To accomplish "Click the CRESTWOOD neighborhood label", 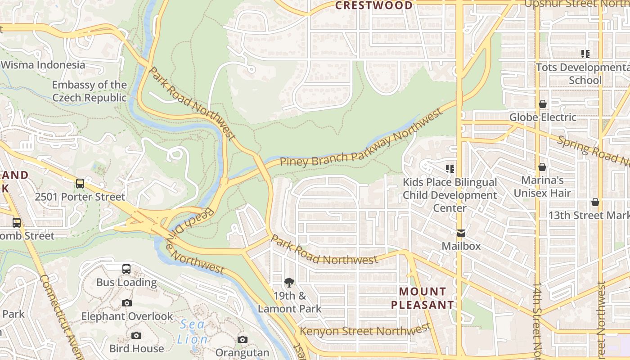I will (x=374, y=5).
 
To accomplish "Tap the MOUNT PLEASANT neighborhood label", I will (x=423, y=298).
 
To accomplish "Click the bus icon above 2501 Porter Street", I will (x=80, y=184).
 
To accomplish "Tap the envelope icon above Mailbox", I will (x=461, y=233).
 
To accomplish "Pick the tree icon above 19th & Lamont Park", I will (x=289, y=282).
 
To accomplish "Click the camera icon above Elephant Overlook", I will (x=127, y=303).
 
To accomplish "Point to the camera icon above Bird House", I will (x=136, y=335).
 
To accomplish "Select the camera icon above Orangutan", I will (x=243, y=339).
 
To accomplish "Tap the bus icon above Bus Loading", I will (x=126, y=269).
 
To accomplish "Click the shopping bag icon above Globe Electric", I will (x=543, y=104).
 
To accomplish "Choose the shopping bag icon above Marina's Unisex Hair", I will (x=542, y=167).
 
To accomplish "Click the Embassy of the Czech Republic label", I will (x=90, y=91).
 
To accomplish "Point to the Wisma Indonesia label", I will (x=43, y=65).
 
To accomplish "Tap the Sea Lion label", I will (x=193, y=332).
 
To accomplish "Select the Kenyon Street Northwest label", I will (x=364, y=331).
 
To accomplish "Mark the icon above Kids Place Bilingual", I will (x=450, y=169).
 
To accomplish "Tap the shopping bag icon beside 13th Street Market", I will (x=595, y=202).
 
